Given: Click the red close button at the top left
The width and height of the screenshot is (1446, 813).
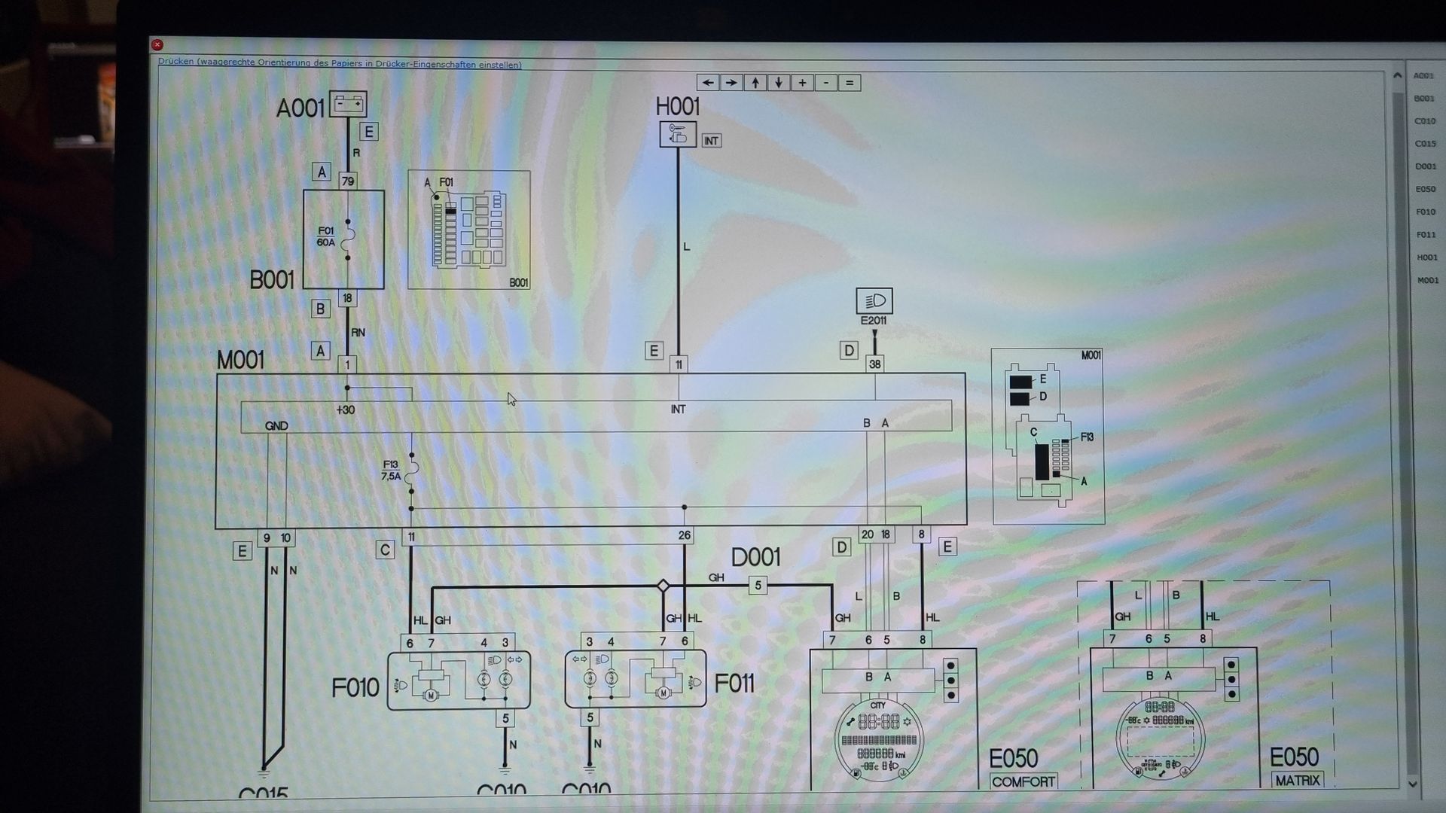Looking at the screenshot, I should (x=157, y=45).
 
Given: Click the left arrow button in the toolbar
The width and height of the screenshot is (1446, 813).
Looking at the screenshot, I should (x=707, y=83).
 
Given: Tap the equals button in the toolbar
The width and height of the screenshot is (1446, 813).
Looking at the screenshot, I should (x=850, y=83).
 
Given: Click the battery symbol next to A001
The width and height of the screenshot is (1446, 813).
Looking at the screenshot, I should (x=348, y=104).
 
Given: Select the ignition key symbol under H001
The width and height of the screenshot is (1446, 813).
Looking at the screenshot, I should (x=677, y=134).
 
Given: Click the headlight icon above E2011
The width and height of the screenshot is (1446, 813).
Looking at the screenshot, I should (x=874, y=301).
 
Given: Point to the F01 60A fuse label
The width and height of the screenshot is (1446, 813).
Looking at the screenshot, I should (x=326, y=237).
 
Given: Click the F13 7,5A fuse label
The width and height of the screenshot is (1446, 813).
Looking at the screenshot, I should (x=391, y=470).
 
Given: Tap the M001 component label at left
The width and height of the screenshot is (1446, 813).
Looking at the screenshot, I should (x=240, y=361).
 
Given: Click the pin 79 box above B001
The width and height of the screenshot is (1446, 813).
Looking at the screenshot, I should (x=348, y=181).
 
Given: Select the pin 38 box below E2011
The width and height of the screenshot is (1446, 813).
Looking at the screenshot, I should (x=874, y=364).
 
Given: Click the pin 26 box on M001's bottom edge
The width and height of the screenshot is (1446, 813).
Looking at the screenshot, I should (x=684, y=536).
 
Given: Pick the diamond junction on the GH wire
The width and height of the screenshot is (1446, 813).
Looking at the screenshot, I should (x=663, y=586).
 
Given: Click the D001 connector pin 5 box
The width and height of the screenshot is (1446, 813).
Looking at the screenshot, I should (x=758, y=586).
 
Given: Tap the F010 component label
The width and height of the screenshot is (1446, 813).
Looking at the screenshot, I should (x=355, y=687).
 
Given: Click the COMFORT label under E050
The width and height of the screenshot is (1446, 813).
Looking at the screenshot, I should (x=1023, y=781).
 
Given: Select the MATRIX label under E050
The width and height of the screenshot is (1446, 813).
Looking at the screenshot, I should (x=1297, y=781).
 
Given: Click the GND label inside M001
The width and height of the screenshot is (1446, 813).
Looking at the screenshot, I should (x=276, y=426).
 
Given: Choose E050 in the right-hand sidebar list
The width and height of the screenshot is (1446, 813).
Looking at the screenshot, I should (x=1425, y=190).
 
